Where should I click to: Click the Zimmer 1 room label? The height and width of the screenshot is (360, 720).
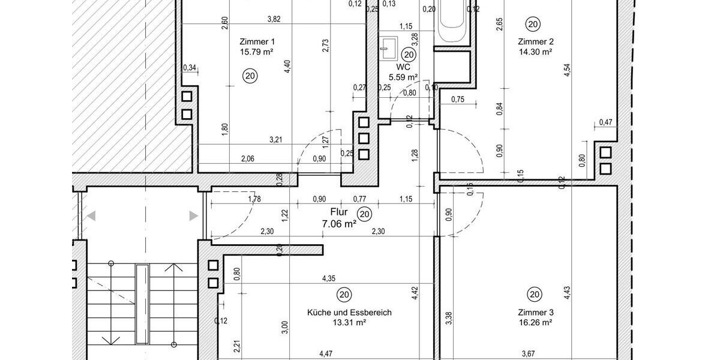click(257, 41)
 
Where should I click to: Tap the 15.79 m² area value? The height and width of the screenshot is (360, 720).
click(257, 52)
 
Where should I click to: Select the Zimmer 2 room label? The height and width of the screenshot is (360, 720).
click(535, 41)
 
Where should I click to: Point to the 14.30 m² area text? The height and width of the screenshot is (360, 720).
click(535, 52)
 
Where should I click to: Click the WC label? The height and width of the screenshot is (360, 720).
click(403, 67)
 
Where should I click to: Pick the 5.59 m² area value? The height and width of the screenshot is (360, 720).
click(403, 77)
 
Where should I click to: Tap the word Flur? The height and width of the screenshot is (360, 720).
click(339, 211)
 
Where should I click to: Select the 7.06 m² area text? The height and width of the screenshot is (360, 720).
click(339, 223)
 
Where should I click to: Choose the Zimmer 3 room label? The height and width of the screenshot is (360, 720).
click(535, 313)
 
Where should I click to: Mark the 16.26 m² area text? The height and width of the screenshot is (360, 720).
click(535, 322)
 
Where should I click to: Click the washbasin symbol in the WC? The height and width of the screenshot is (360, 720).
click(388, 46)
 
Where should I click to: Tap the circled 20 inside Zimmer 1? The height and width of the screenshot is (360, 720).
click(250, 76)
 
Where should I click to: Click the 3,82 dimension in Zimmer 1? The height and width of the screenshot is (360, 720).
click(273, 19)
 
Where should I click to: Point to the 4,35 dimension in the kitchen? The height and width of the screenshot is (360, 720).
click(329, 278)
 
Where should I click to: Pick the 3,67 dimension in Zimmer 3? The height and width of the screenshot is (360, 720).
click(529, 354)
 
